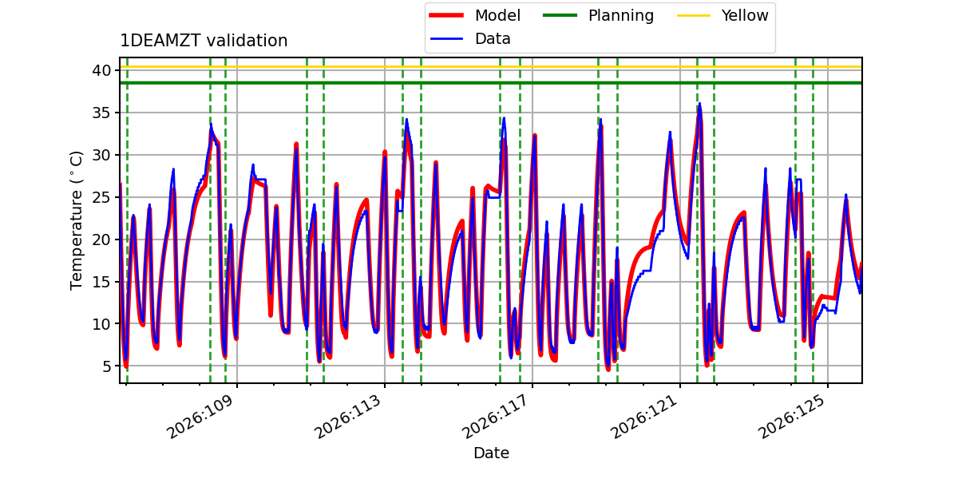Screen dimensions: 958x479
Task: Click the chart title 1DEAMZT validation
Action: [204, 41]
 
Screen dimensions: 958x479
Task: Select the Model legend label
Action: [497, 15]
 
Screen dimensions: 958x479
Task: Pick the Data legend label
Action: [493, 39]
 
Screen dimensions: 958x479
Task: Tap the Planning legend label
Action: [621, 15]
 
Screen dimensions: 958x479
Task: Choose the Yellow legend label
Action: [745, 15]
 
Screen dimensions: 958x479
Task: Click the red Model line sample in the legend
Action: [446, 15]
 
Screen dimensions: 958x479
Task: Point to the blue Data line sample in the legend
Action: [446, 39]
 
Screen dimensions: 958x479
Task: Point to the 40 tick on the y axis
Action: [101, 70]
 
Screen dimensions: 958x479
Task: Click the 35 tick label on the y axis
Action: [101, 113]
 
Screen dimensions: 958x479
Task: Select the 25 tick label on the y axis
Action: [101, 197]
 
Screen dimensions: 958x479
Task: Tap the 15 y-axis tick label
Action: [101, 282]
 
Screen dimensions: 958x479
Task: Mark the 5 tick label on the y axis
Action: [106, 366]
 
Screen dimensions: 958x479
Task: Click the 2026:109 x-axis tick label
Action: [200, 417]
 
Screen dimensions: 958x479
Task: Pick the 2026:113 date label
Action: [348, 417]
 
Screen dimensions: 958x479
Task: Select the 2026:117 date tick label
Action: [495, 417]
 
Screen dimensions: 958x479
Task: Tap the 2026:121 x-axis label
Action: [643, 417]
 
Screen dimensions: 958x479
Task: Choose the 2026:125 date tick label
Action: [790, 417]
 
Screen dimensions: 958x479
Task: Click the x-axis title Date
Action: [491, 453]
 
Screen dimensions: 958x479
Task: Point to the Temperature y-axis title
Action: [76, 220]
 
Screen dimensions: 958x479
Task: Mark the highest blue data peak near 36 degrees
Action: [699, 104]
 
